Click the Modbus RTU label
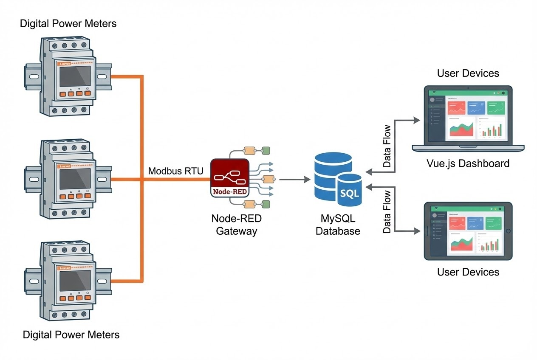(175, 171)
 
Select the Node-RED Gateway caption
(236, 225)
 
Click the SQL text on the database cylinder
(350, 194)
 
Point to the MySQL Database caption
(338, 225)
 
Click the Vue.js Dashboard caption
(468, 163)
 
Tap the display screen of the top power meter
(75, 76)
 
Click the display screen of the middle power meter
(75, 179)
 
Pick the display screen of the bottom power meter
(75, 281)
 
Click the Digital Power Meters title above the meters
(68, 23)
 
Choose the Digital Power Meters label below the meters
(71, 335)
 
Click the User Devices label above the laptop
(468, 73)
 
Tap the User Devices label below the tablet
(468, 272)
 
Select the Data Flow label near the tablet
(387, 212)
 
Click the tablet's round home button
(508, 231)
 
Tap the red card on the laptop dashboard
(456, 108)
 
